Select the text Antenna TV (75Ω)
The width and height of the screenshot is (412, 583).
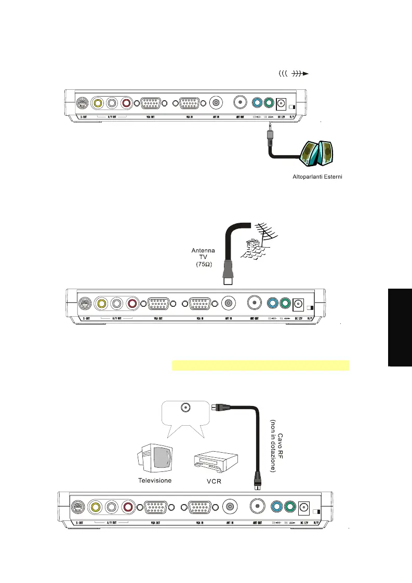point(204,257)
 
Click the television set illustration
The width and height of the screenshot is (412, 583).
point(155,458)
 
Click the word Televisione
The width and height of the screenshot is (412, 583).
point(154,480)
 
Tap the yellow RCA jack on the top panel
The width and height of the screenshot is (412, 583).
point(97,103)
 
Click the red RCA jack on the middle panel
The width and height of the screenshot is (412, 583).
point(132,303)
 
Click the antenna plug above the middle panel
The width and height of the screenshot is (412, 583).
point(227,275)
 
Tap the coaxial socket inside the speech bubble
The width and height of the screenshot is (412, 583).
point(185,408)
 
